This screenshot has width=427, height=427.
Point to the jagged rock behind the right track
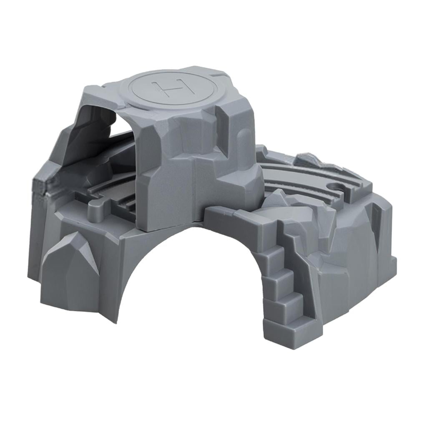[x=309, y=160]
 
